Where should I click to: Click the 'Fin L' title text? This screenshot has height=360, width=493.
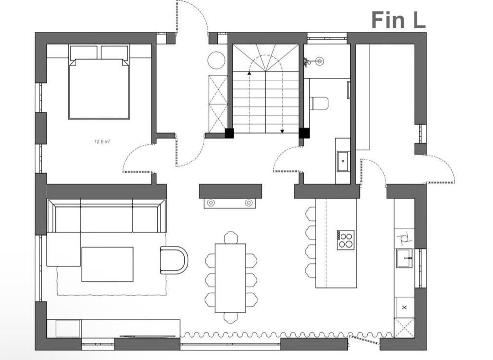pyautogui.click(x=398, y=20)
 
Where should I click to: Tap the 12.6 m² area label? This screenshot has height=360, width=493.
pyautogui.click(x=102, y=142)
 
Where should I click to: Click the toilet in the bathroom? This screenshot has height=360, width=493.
pyautogui.click(x=319, y=103)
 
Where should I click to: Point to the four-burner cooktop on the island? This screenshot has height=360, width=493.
pyautogui.click(x=345, y=240)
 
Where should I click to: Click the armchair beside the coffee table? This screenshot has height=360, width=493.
pyautogui.click(x=174, y=260)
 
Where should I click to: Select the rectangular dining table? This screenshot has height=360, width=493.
pyautogui.click(x=230, y=278)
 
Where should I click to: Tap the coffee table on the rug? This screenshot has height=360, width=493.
pyautogui.click(x=108, y=264)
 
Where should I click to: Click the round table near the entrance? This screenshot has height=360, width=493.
pyautogui.click(x=216, y=60)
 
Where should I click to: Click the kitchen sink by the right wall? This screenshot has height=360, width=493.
pyautogui.click(x=404, y=258)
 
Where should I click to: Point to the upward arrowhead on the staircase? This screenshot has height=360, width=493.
pyautogui.click(x=249, y=73)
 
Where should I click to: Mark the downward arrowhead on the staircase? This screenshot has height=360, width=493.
pyautogui.click(x=283, y=131)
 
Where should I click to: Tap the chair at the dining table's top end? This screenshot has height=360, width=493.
pyautogui.click(x=231, y=237)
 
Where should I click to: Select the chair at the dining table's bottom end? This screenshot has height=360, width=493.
pyautogui.click(x=231, y=318)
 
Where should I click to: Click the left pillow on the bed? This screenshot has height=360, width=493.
pyautogui.click(x=83, y=52)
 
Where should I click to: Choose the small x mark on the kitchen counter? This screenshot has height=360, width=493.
pyautogui.click(x=404, y=308)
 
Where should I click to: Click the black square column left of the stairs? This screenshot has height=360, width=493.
pyautogui.click(x=229, y=133)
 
